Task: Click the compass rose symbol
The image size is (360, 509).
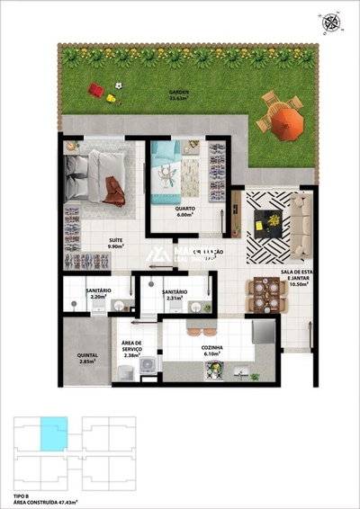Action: point(333,25)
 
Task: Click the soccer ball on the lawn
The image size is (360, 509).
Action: point(116,84)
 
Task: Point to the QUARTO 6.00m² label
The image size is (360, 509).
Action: point(185,211)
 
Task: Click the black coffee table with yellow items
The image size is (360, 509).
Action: point(269,218)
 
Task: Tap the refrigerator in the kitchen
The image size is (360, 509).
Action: point(262,331)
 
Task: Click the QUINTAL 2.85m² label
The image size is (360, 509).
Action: point(87,358)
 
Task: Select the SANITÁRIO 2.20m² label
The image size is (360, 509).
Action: point(98,293)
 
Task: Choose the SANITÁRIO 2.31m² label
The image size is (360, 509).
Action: point(175,294)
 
